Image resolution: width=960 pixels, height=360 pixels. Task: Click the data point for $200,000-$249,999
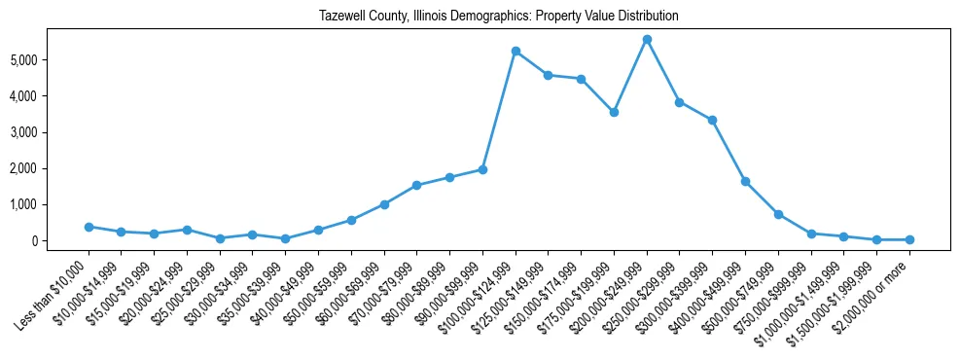click(647, 39)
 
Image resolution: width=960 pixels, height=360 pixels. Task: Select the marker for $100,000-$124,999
click(516, 51)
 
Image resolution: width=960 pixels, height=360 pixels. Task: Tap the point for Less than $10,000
click(89, 227)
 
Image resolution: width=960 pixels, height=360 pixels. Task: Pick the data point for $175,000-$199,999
click(614, 112)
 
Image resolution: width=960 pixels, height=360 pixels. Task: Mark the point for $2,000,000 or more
click(909, 239)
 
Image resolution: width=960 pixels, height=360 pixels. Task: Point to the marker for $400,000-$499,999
click(745, 181)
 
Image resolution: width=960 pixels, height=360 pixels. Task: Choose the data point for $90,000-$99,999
click(482, 169)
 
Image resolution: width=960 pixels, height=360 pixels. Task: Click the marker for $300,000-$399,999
click(712, 120)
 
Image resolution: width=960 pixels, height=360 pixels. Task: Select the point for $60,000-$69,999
click(384, 204)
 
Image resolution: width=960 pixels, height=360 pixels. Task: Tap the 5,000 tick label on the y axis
click(47, 60)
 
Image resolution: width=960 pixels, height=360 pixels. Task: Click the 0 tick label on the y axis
click(59, 241)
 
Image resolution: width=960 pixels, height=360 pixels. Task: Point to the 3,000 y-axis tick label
click(47, 132)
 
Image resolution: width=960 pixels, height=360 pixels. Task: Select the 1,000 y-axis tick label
click(47, 205)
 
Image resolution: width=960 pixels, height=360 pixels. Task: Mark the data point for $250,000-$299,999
click(680, 102)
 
